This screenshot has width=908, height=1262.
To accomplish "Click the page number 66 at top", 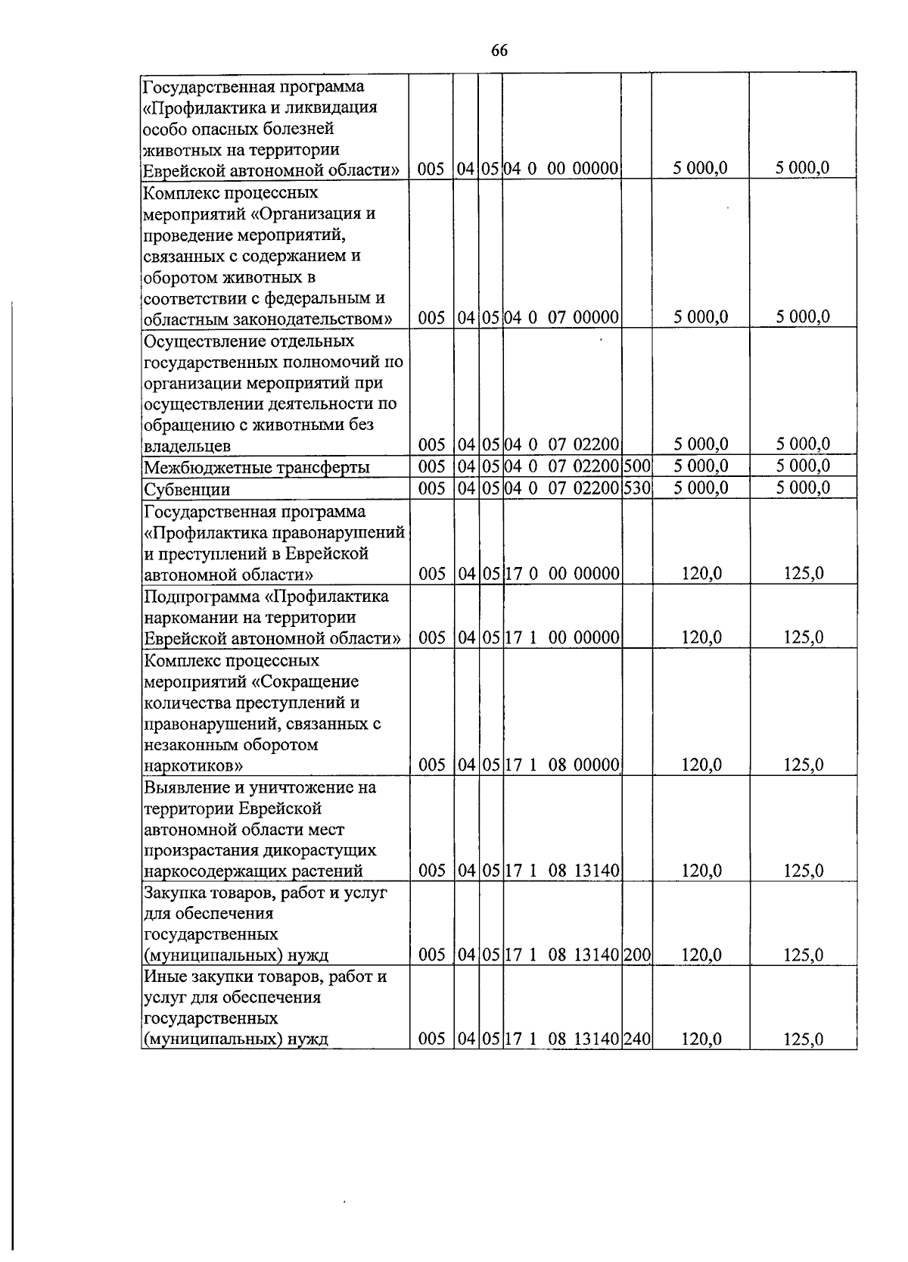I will tap(499, 50).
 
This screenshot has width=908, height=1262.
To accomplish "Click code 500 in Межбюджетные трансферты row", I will tap(636, 466).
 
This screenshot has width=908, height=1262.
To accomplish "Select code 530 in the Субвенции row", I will tap(636, 488).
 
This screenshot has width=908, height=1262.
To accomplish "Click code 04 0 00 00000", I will tap(561, 168).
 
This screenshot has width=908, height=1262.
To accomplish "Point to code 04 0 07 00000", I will tap(561, 316).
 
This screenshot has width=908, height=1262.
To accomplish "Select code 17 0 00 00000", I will tap(561, 573).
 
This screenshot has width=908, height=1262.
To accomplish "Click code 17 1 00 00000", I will tap(561, 637).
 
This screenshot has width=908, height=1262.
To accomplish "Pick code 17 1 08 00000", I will tap(561, 765).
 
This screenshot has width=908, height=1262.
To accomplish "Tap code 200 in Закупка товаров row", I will tap(636, 955).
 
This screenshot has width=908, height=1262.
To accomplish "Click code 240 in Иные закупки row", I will tap(636, 1039).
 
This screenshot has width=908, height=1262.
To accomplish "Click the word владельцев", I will tap(187, 445).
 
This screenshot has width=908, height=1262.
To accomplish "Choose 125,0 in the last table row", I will tap(803, 1039).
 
